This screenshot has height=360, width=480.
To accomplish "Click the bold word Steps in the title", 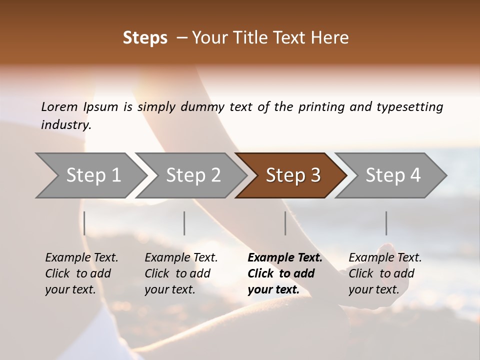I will click(145, 38).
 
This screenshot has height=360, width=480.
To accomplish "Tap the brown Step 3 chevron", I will click(292, 175).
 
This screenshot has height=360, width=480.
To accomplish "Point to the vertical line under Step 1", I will click(84, 223).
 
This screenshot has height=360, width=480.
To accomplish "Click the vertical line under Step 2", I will click(184, 223).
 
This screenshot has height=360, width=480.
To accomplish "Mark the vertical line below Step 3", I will click(285, 223).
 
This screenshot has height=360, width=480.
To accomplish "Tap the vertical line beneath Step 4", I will click(386, 223).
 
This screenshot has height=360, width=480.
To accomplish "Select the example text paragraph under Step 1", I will click(81, 273).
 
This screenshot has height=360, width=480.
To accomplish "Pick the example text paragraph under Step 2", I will click(181, 273).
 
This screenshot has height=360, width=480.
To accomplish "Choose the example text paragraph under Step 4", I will click(385, 273).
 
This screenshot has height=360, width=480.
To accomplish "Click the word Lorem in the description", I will click(59, 106).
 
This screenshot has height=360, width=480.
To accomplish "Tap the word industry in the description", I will click(65, 125).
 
